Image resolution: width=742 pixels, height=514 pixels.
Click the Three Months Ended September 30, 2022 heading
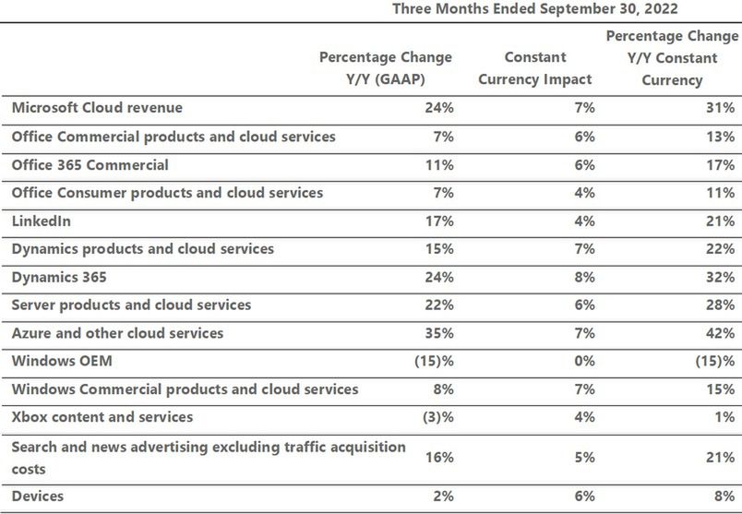(535, 9)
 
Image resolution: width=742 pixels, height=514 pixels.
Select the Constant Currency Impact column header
(534, 68)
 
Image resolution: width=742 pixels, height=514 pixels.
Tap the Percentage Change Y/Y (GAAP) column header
(386, 68)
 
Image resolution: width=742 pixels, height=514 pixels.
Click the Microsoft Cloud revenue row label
(97, 108)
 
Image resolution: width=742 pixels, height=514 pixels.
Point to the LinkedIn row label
(41, 221)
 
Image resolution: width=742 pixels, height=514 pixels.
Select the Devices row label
(38, 496)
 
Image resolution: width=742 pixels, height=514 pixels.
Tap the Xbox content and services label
(102, 417)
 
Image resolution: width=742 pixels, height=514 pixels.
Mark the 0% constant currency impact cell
(583, 362)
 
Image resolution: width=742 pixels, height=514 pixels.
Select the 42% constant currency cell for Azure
(721, 333)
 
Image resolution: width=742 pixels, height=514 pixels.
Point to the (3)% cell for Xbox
(437, 418)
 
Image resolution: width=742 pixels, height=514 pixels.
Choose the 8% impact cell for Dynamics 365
(583, 277)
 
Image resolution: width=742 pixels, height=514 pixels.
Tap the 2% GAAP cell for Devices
(443, 497)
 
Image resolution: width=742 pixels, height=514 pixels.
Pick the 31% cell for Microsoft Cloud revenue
(721, 108)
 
